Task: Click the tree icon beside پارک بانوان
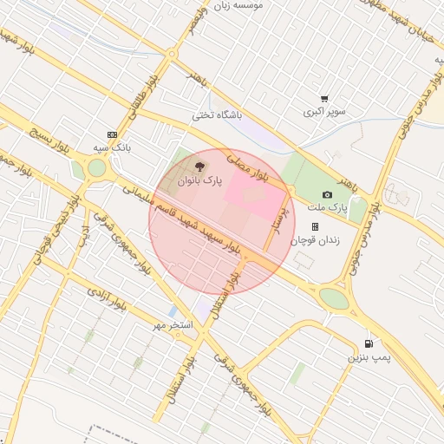(200, 167)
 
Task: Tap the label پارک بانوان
(200, 182)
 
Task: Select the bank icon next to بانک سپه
(111, 134)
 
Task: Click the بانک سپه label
(111, 148)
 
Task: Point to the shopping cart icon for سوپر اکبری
(324, 99)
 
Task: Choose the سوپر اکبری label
(324, 113)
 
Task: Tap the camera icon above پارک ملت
(327, 194)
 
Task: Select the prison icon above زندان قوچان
(315, 225)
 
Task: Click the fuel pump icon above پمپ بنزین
(370, 343)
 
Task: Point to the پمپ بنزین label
(370, 357)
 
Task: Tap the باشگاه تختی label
(217, 114)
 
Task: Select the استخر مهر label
(171, 324)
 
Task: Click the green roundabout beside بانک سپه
(96, 167)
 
